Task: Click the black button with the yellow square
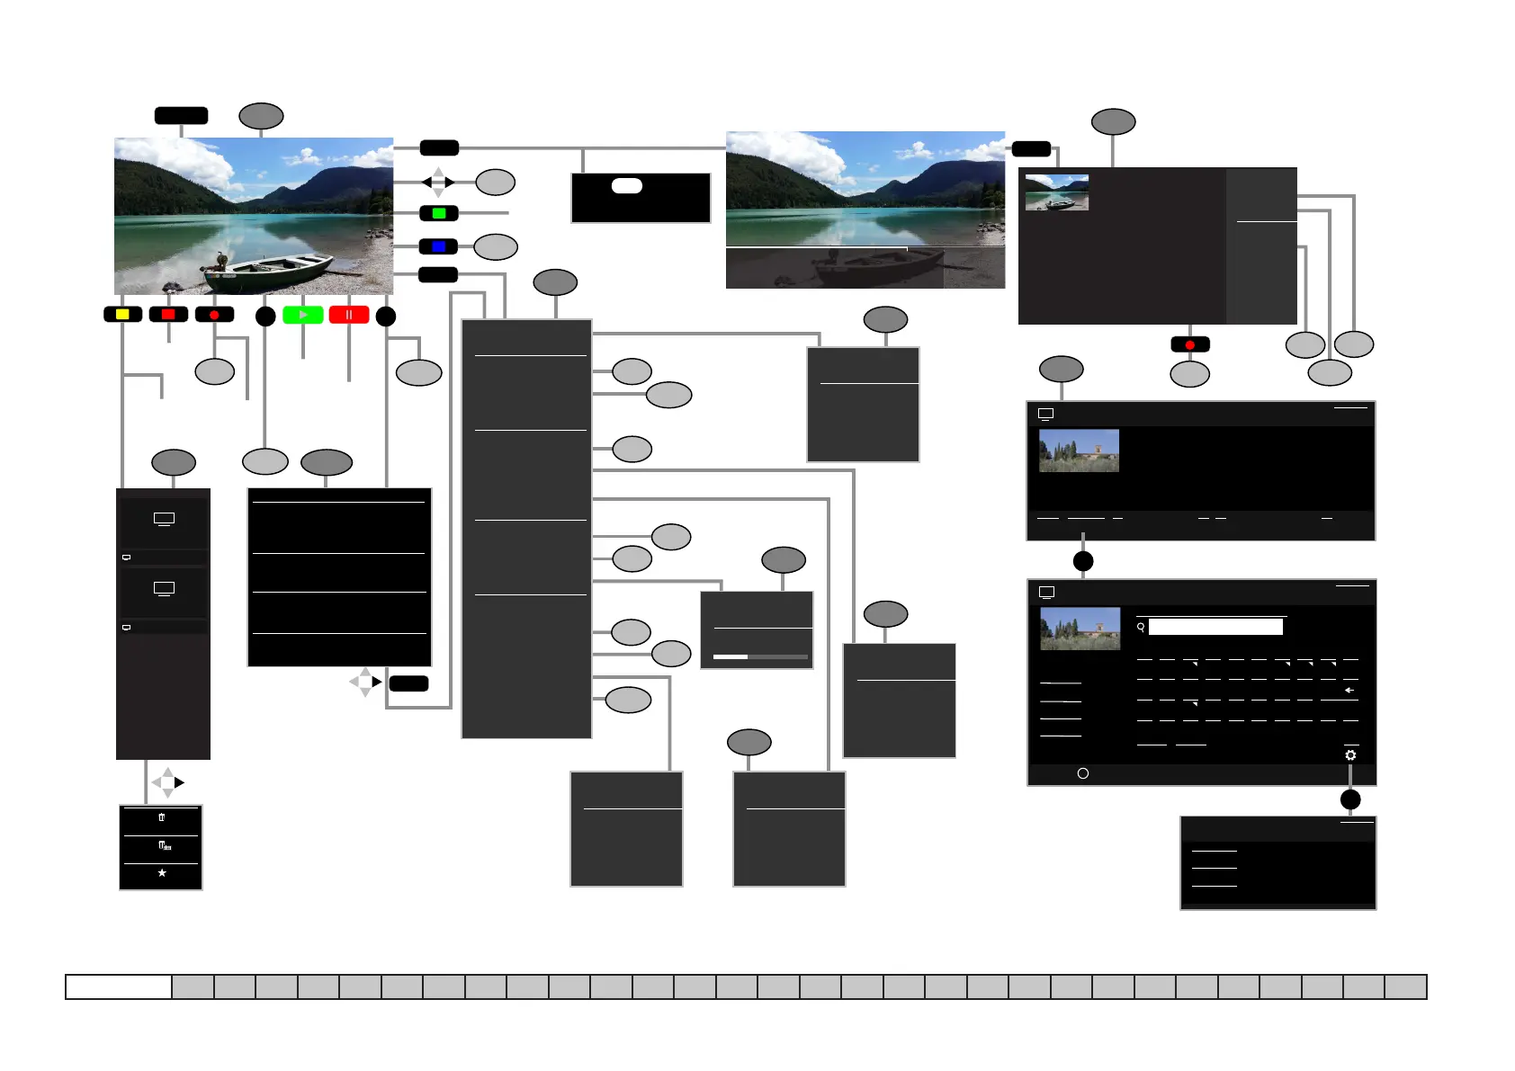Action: (x=123, y=315)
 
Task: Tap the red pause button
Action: (x=349, y=315)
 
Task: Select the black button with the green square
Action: (x=439, y=214)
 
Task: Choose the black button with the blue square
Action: (x=439, y=246)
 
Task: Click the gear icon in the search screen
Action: (x=1350, y=755)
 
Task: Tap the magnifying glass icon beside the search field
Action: (x=1141, y=627)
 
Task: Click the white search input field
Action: (x=1215, y=627)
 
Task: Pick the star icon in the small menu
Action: (x=162, y=873)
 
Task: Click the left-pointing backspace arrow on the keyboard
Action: (x=1349, y=690)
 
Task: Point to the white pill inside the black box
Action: (x=627, y=186)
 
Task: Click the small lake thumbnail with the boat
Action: (x=1057, y=192)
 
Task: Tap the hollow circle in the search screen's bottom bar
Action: (x=1083, y=773)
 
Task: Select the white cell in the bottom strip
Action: (x=119, y=986)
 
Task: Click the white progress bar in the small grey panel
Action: (x=731, y=657)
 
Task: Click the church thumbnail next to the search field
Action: (x=1080, y=628)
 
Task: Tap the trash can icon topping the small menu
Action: (x=162, y=817)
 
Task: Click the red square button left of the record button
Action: (x=168, y=315)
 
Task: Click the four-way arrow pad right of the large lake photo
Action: (x=438, y=183)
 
